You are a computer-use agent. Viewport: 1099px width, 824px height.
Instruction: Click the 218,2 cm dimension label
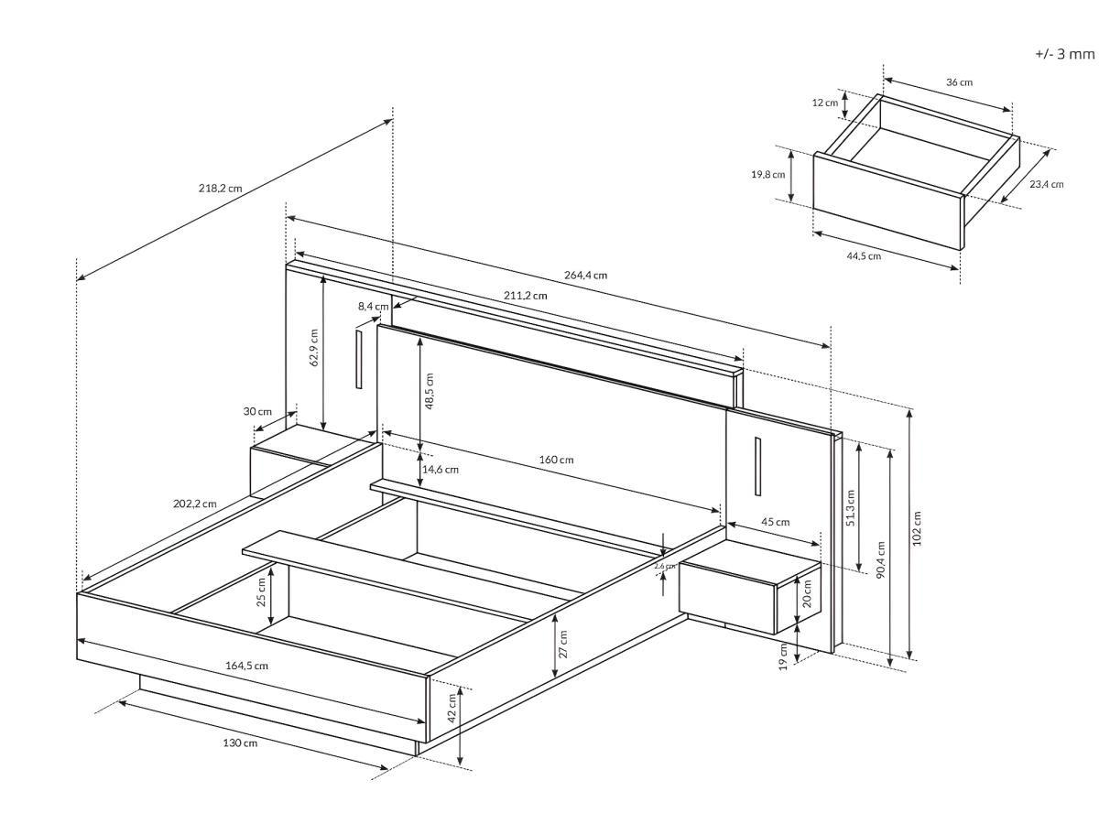220,188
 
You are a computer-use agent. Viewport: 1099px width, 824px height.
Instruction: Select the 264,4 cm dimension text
586,275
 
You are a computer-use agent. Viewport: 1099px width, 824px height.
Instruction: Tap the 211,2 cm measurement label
526,295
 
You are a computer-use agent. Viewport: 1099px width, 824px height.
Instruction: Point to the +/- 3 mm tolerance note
1064,54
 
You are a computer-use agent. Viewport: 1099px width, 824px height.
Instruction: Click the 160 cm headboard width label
556,459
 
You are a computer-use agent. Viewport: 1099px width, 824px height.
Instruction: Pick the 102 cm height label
918,528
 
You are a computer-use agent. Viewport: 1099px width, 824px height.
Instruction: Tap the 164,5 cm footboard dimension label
246,665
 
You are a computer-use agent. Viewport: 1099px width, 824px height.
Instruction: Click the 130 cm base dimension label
240,743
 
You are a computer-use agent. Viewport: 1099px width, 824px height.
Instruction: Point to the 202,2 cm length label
195,503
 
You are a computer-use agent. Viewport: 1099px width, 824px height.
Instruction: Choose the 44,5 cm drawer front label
864,255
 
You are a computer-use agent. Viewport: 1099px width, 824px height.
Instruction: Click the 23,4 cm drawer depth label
1046,184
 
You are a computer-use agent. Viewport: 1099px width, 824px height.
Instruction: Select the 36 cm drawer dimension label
959,82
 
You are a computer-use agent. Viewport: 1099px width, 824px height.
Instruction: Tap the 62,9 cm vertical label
314,347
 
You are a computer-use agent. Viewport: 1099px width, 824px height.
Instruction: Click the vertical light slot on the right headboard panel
758,466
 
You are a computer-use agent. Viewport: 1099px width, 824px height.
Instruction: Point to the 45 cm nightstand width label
775,522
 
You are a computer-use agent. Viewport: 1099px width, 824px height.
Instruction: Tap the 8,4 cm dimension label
373,306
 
